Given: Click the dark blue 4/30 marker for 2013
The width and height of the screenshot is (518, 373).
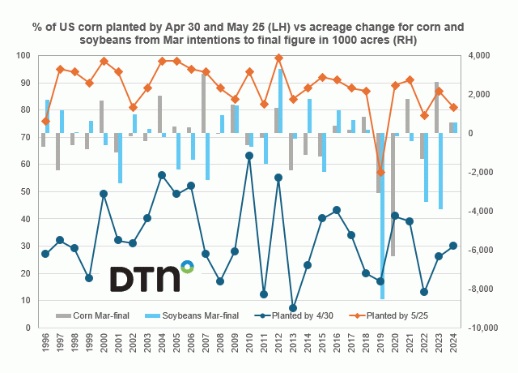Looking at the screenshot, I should pos(292,308).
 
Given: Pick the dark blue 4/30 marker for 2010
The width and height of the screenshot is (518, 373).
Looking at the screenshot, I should pos(248,156).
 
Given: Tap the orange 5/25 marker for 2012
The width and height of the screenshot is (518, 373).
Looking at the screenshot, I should pos(278,58).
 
